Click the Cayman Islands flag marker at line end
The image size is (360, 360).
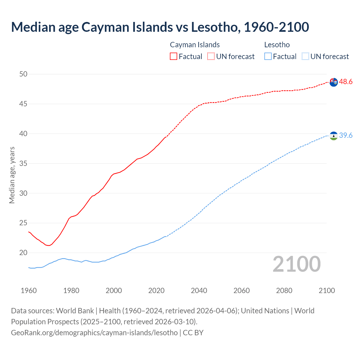coord(334,82)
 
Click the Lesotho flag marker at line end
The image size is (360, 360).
coord(334,136)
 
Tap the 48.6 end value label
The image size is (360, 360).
coord(346,82)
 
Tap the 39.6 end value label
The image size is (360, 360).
coord(346,136)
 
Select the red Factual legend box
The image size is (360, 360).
coord(174,56)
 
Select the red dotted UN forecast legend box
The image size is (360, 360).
coord(211,56)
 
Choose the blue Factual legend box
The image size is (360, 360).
coord(268,56)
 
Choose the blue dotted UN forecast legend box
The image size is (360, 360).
coord(305,56)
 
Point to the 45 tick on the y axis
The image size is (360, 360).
coord(23,104)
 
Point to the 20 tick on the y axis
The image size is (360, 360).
coord(23,253)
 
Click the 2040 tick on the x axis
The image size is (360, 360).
coord(199,291)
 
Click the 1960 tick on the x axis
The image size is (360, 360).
coord(29,291)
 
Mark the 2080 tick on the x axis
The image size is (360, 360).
coord(284,291)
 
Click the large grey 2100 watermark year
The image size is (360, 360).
coord(297,264)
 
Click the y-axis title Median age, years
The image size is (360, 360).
coord(12,175)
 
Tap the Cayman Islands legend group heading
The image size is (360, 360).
coord(195,45)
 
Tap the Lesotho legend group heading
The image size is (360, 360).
coord(277,45)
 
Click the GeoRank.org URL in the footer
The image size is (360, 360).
coord(94,333)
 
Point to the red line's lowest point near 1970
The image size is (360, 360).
coord(49,246)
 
